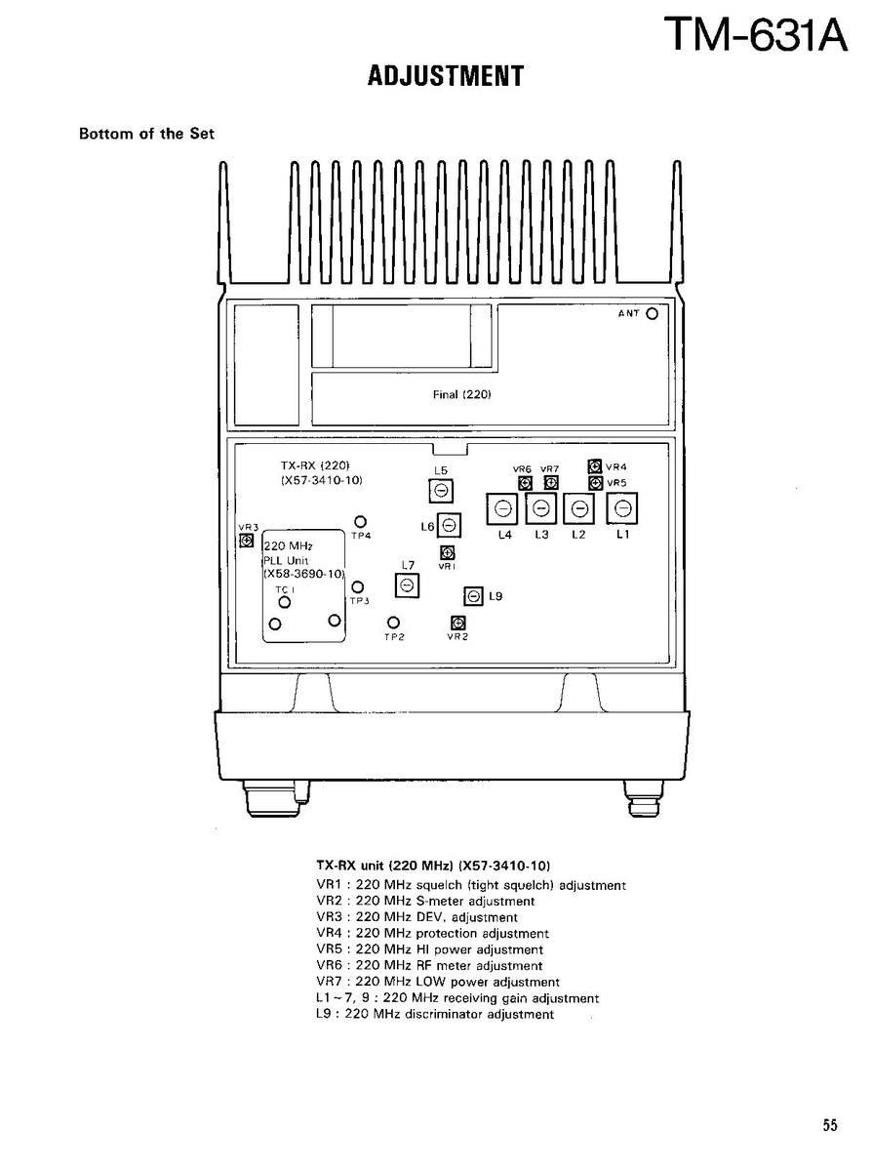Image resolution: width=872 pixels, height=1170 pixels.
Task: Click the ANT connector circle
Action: pos(652,314)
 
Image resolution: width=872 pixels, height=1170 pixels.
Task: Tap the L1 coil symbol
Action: pos(622,509)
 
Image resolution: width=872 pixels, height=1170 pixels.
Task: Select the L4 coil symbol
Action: pos(502,509)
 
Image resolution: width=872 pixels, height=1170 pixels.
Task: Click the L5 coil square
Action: pos(441,490)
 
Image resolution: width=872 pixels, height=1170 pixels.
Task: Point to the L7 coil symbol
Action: pos(407,585)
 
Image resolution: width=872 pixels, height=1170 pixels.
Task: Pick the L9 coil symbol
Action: pos(474,596)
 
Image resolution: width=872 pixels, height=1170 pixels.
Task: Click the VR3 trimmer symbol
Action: pos(246,541)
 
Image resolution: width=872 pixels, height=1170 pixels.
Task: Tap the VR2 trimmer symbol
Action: pos(458,623)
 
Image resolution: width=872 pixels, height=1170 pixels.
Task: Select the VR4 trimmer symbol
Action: pos(595,466)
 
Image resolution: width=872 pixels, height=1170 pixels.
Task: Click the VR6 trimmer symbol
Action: pos(525,483)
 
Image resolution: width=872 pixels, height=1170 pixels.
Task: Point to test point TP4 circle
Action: pos(360,522)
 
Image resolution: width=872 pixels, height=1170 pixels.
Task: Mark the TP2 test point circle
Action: pos(394,623)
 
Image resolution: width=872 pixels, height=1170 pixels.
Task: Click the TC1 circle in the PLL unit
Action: pos(284,601)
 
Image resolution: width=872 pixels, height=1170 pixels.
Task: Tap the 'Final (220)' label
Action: pos(461,395)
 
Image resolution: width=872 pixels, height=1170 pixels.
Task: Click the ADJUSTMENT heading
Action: pos(446,76)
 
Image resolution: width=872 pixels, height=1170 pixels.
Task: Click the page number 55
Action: pos(830,1126)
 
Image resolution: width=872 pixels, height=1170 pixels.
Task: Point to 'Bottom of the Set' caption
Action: pos(147,135)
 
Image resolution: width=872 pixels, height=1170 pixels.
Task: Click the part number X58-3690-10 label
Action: pos(303,574)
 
